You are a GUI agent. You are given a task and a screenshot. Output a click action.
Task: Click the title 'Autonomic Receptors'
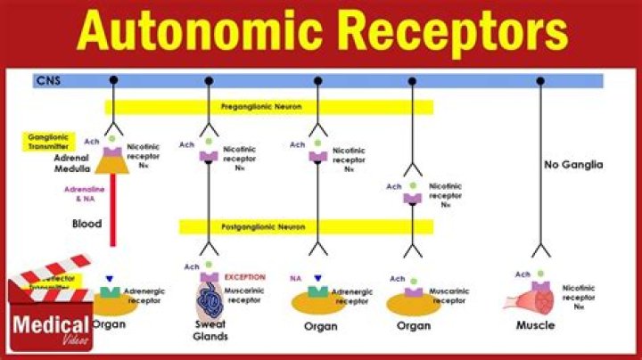coord(321,33)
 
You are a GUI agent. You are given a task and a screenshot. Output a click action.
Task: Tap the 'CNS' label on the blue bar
coord(47,81)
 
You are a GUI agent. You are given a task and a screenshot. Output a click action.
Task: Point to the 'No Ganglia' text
coord(572,165)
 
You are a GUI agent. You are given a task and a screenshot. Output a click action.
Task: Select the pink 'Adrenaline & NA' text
coord(86,195)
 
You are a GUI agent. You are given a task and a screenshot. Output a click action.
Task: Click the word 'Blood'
coord(86,224)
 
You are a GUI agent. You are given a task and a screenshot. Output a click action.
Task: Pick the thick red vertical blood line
coord(113,214)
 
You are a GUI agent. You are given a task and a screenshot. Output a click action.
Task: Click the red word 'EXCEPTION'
coord(245,277)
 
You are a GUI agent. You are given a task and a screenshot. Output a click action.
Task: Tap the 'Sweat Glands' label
coord(210,331)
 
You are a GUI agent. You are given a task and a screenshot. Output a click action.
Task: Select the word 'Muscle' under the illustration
coord(535,325)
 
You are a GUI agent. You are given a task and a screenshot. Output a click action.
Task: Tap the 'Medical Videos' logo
coord(50,326)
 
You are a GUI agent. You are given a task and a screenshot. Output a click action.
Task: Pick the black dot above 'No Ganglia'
coord(540,81)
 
